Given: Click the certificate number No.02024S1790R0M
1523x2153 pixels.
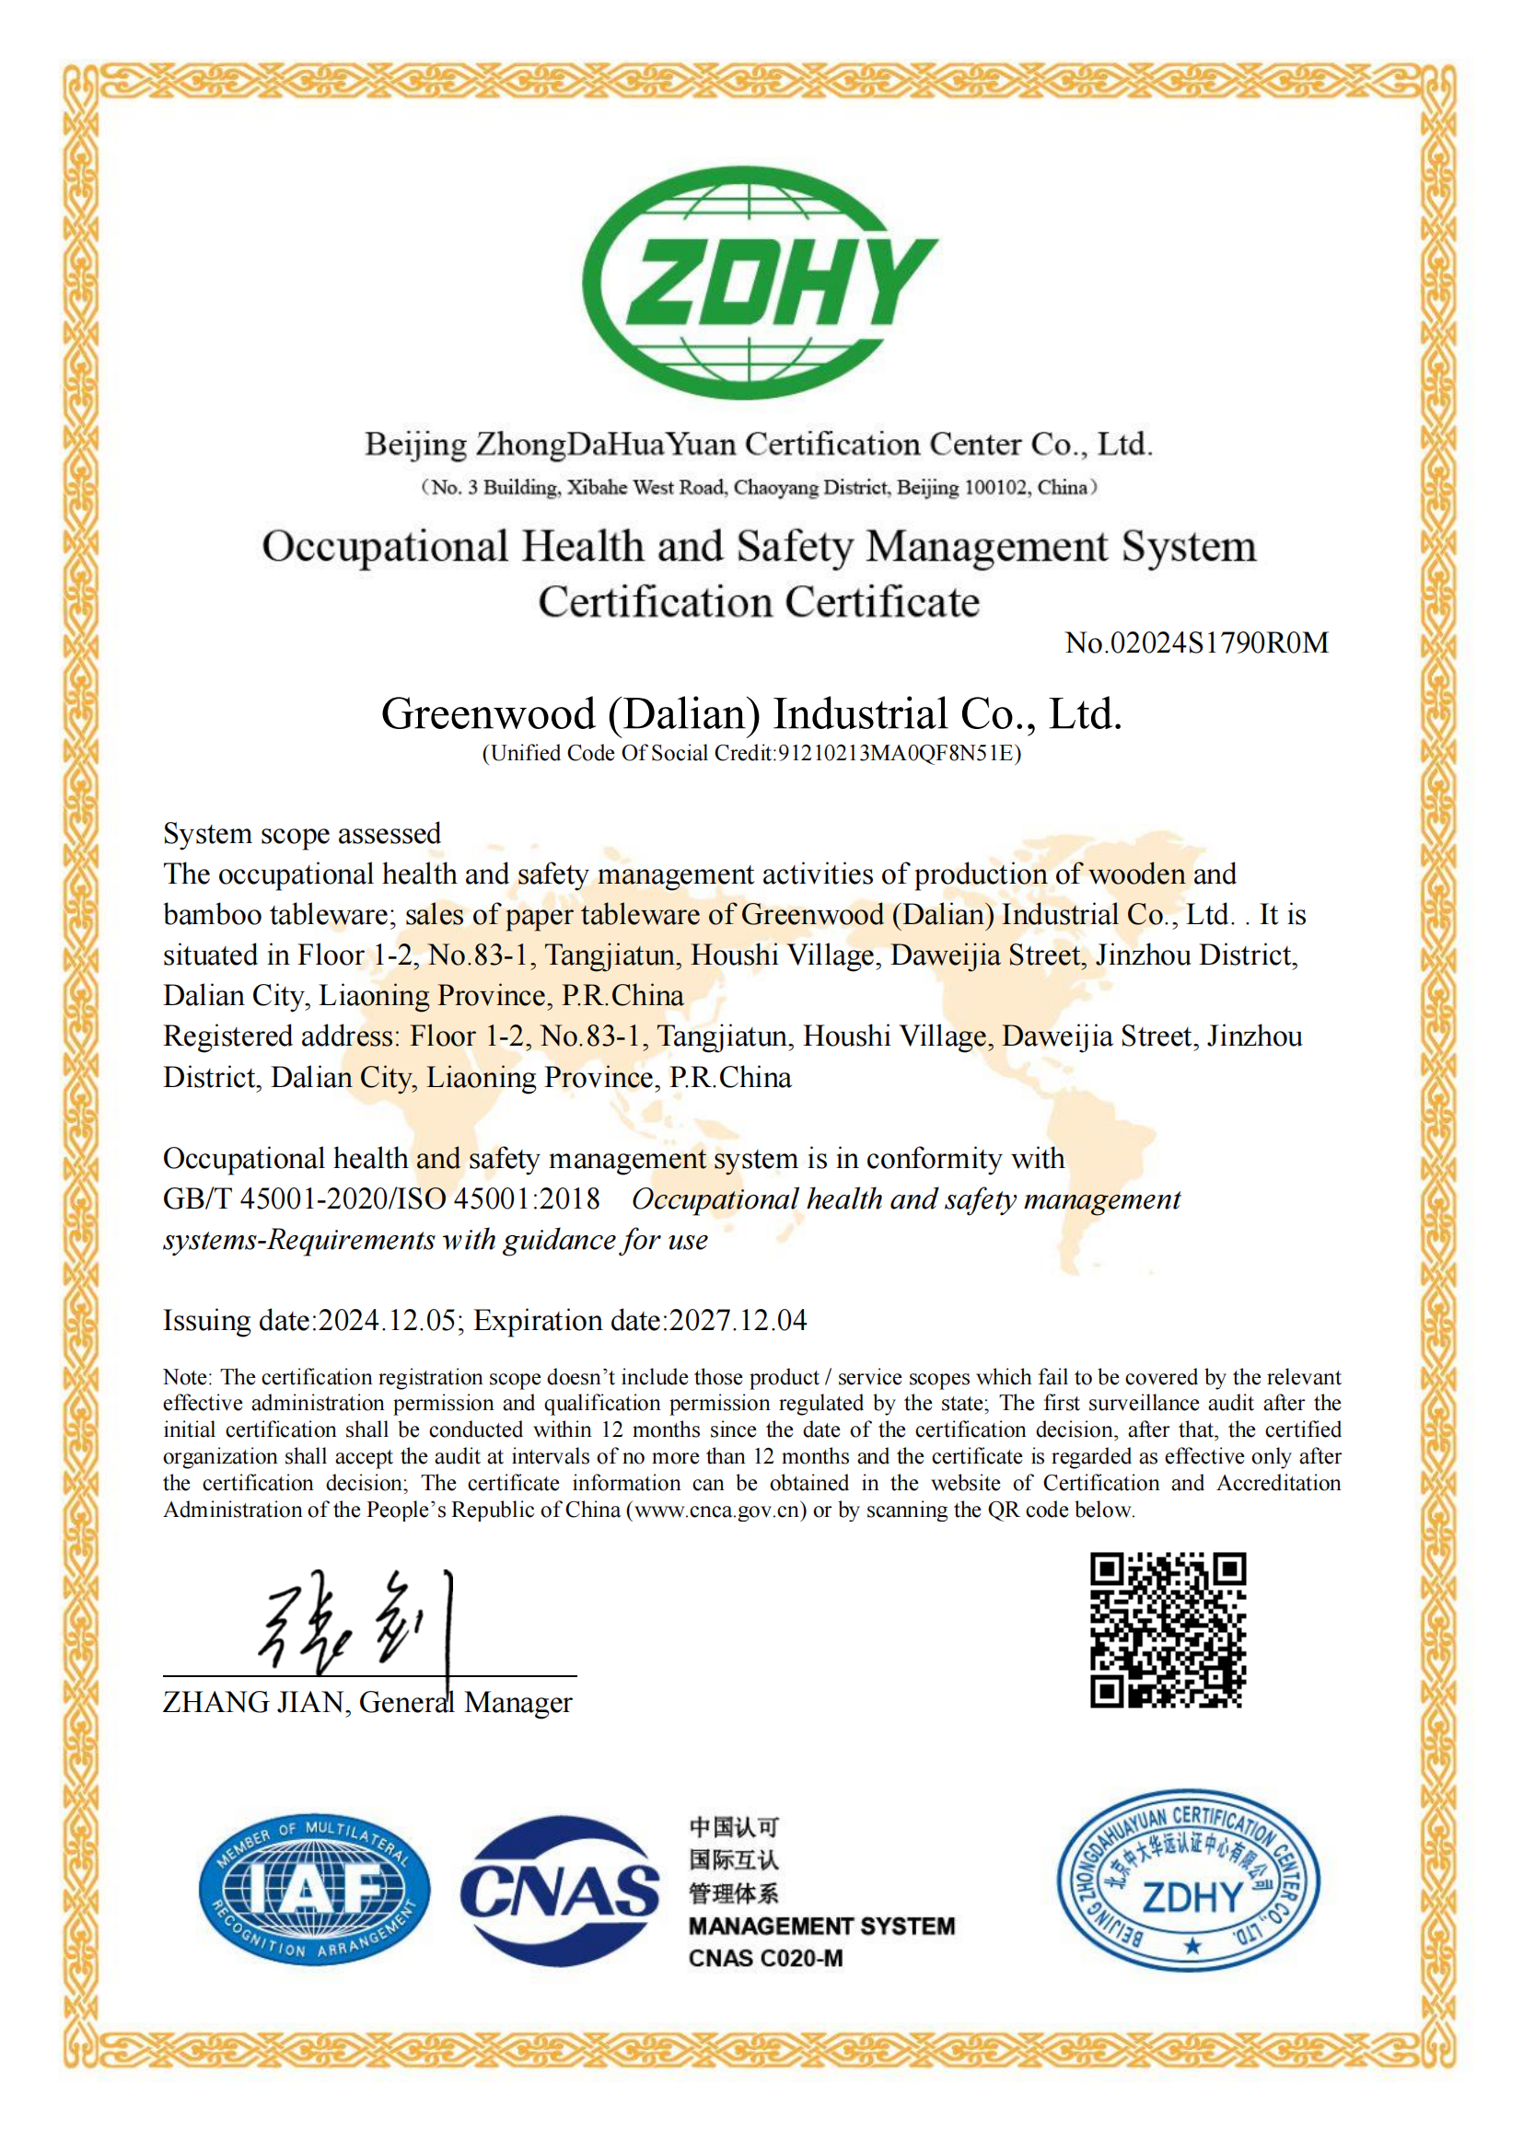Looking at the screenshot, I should coord(1197,643).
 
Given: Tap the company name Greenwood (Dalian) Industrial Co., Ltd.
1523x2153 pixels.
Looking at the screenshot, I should coord(751,714).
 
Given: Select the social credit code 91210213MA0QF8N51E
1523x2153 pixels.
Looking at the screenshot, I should coord(896,754).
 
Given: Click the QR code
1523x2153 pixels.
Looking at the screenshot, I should coord(1168,1630).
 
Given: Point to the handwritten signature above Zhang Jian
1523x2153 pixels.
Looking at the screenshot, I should coord(356,1622).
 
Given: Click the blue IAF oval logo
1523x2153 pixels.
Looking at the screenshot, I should coord(314,1888).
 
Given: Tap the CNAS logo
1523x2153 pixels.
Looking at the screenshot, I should coord(560,1891).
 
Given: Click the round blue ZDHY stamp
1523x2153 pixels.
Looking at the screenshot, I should coord(1188,1881).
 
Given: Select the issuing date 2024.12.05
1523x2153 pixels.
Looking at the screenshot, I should coord(388,1321).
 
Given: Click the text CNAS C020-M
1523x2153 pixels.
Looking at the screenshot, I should coord(765,1958).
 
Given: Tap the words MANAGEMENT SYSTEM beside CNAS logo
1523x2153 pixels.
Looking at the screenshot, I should coord(821,1926).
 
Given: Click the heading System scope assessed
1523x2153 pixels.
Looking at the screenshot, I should coord(302,834).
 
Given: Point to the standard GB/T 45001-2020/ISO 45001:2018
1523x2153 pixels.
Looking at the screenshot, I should coord(382,1199).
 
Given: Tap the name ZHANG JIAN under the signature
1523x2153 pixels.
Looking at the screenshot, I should coord(253,1702).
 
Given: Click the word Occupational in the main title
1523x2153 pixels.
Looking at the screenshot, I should coord(385,547).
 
